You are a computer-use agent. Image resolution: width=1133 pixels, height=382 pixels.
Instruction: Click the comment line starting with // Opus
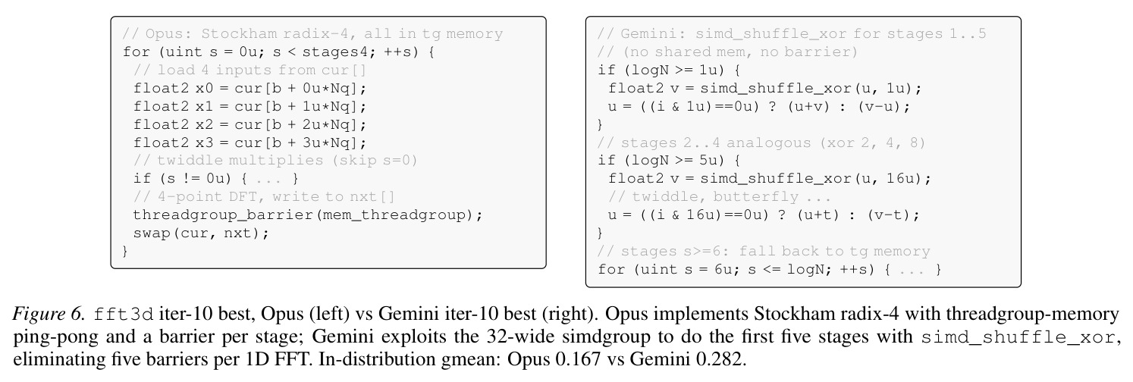(312, 34)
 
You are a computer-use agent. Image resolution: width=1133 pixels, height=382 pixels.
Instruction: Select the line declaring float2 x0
(250, 89)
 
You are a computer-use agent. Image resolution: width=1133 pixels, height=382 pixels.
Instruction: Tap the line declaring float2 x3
(250, 143)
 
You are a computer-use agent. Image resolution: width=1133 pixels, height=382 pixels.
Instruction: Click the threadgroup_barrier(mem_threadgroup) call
(308, 215)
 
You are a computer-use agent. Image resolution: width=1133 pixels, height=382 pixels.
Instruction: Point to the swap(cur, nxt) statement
(201, 233)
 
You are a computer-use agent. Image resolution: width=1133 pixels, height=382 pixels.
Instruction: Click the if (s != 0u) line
(216, 179)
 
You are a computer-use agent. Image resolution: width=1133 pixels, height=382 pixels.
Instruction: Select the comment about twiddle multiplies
(275, 161)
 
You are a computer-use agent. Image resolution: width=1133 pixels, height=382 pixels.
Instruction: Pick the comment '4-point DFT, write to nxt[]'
(264, 197)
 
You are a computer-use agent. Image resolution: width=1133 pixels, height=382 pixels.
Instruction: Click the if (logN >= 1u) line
(669, 70)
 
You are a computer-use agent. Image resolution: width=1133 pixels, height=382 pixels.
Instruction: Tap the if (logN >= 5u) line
(669, 161)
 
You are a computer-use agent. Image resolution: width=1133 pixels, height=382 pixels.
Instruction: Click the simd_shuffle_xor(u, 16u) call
(815, 179)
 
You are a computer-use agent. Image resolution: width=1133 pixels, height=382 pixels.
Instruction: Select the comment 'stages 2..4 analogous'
(761, 143)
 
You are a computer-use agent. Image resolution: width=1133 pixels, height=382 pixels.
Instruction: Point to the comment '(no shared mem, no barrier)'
(727, 52)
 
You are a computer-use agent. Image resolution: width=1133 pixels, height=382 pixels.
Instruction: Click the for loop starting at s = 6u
(769, 270)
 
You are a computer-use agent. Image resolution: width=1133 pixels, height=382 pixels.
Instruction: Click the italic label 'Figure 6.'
(48, 315)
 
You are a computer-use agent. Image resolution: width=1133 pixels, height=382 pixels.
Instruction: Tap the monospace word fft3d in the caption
(124, 315)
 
